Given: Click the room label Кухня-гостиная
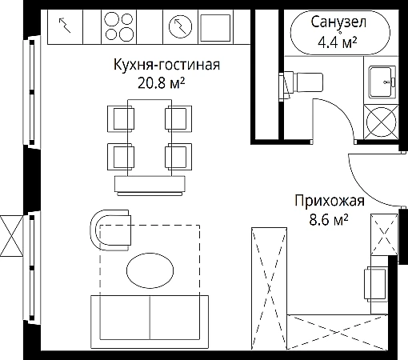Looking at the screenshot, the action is coord(166,65).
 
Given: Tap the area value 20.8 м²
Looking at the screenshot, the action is coord(161,83).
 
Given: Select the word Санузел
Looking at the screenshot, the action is coord(338,22).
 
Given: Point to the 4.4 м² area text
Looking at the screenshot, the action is coord(338,42).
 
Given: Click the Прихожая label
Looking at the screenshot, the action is coord(330,201).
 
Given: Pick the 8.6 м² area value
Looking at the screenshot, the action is coord(329,220).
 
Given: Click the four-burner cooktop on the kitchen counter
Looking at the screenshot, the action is coord(119,26).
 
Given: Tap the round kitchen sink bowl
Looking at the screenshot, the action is coord(181,26).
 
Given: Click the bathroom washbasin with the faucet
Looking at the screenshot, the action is coord(382,82).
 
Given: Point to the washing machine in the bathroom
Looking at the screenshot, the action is coord(381,122).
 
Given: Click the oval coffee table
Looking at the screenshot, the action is coord(150,270).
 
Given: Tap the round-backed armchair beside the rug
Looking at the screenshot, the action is coord(110,230).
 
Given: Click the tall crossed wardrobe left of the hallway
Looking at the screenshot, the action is coord(269,288).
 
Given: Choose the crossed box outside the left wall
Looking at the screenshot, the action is coord(11,236).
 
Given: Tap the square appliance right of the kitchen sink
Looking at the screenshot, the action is coord(215,28).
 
